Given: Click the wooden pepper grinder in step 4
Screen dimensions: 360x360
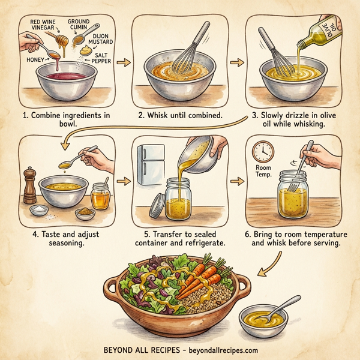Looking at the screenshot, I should pyautogui.click(x=29, y=187).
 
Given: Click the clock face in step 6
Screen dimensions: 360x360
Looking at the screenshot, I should pyautogui.click(x=263, y=150).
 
